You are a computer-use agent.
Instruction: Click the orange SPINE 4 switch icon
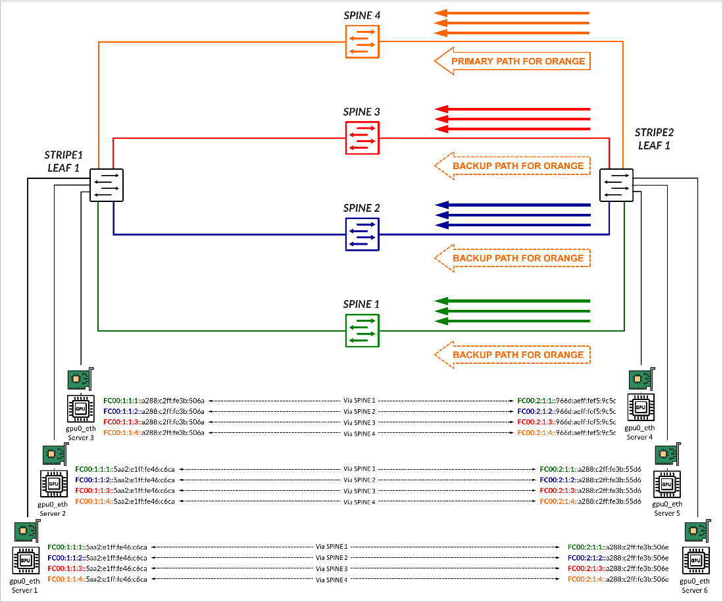(x=362, y=42)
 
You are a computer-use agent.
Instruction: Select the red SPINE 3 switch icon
(x=362, y=138)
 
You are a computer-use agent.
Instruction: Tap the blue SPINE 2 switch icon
(x=362, y=234)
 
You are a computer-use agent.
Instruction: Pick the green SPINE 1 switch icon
(x=362, y=331)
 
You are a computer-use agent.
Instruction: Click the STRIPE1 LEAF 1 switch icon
(x=107, y=185)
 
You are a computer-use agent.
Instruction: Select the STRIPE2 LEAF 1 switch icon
(x=616, y=185)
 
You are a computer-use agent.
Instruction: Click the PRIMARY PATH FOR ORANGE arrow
(x=512, y=61)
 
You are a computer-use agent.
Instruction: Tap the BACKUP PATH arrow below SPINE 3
(x=512, y=166)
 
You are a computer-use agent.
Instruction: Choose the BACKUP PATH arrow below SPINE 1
(x=512, y=355)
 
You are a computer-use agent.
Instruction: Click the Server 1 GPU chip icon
(x=26, y=561)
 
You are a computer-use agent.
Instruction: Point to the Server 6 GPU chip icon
(x=695, y=561)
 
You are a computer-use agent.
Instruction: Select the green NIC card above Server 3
(x=81, y=380)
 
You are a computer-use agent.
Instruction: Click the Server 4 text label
(x=637, y=437)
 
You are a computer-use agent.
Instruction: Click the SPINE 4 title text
(x=362, y=16)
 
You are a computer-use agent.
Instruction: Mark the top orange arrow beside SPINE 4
(x=512, y=13)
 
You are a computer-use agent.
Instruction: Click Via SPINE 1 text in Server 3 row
(x=360, y=400)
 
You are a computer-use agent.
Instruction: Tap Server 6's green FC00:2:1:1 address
(x=618, y=547)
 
